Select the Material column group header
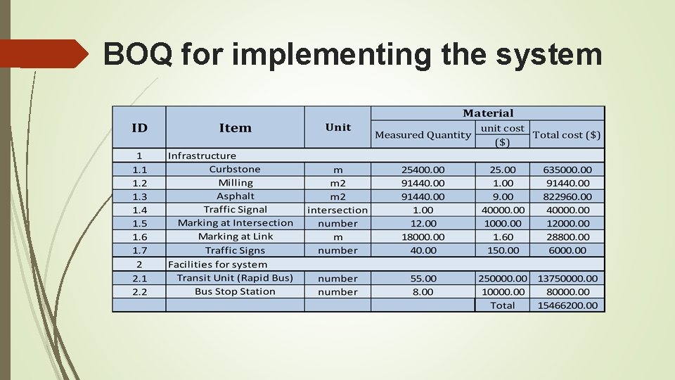coord(488,113)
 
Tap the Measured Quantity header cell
coord(423,134)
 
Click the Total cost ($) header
coord(567,134)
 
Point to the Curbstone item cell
coord(235,170)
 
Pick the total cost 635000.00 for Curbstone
coord(567,170)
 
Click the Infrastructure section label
coord(202,156)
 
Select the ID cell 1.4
coord(139,210)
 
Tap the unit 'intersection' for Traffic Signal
coord(337,210)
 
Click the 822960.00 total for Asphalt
coord(567,197)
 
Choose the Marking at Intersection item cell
coord(235,223)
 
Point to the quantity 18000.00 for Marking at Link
coord(423,237)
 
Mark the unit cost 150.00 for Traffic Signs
coord(503,251)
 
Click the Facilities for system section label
coord(217,265)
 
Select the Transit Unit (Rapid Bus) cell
coord(235,278)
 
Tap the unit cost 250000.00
coord(503,279)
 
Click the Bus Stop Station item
coord(235,291)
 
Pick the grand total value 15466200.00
coord(567,305)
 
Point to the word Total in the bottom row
coord(503,305)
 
